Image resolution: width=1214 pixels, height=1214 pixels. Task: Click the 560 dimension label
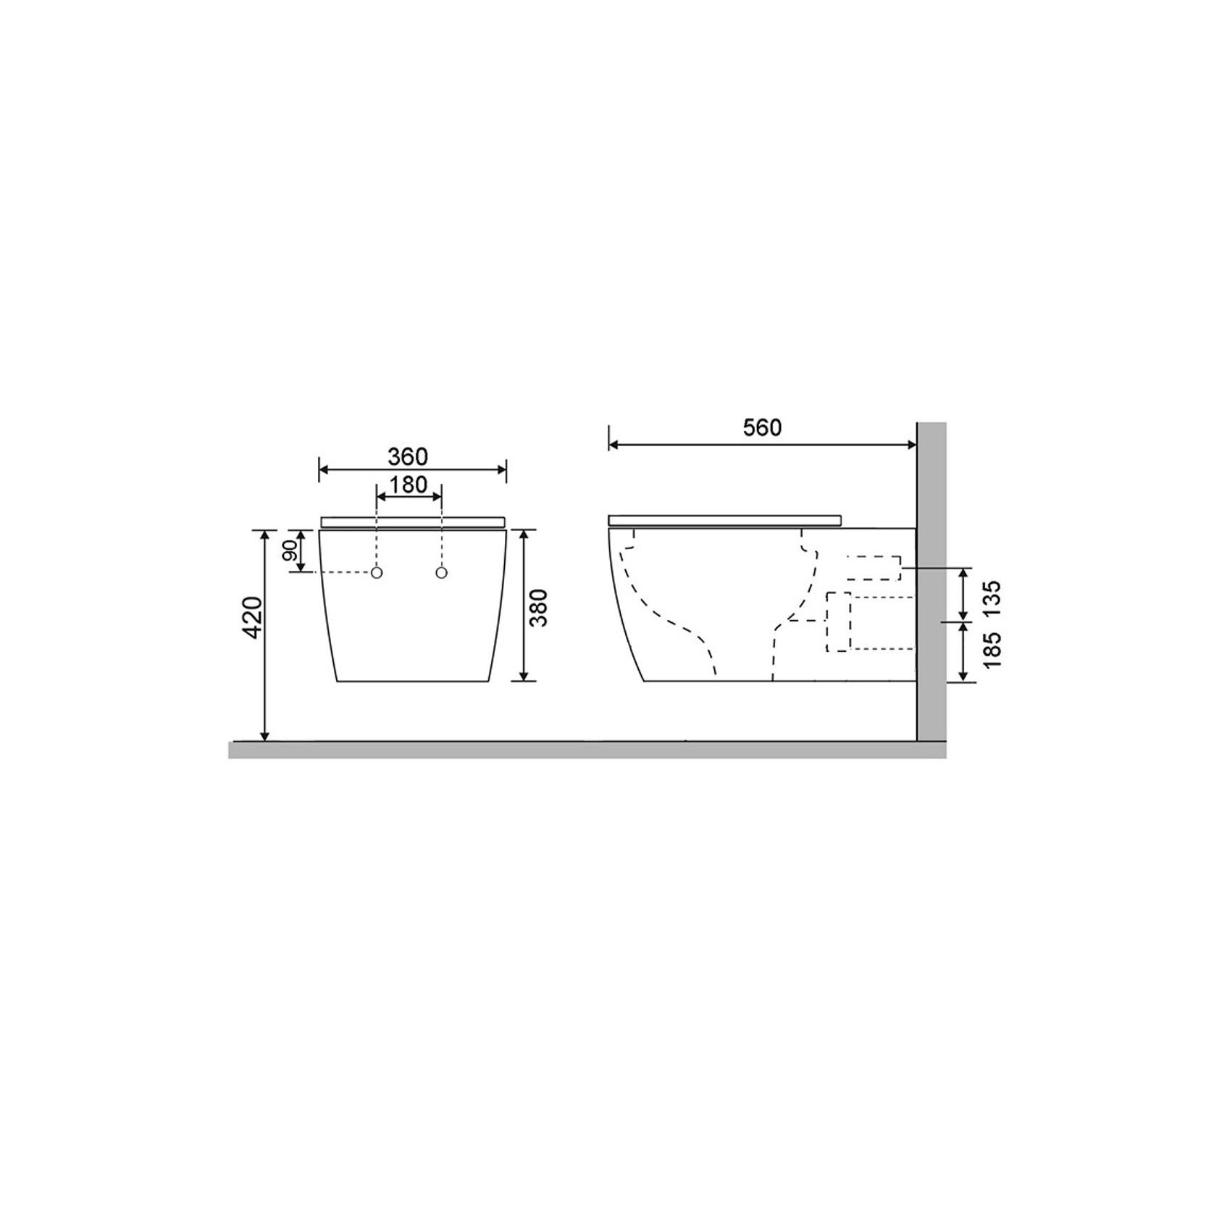pos(762,428)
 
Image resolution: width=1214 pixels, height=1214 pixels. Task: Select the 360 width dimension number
pos(408,457)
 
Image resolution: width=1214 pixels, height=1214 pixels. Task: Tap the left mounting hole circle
pos(377,573)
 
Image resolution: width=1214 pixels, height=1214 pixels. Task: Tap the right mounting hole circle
pos(441,573)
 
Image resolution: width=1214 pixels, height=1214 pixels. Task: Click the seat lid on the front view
pos(412,522)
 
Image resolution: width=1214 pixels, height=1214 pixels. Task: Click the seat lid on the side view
pos(726,519)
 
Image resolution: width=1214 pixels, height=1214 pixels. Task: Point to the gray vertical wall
pos(932,579)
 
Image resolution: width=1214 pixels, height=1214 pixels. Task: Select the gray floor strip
pos(579,750)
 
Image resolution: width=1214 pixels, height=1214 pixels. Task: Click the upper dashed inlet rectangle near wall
pos(874,567)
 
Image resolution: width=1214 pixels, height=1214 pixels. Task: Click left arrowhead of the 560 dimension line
pos(613,445)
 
